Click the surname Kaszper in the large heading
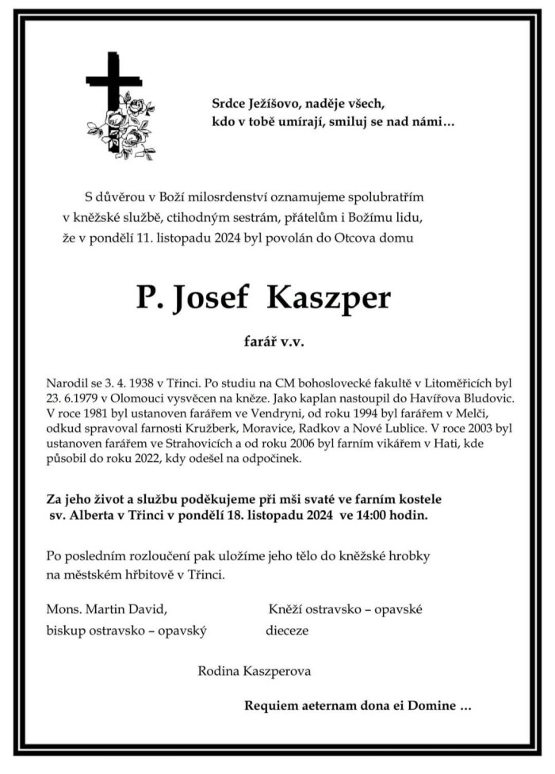click(328, 298)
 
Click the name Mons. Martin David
click(107, 608)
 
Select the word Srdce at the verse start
click(231, 102)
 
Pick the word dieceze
click(287, 631)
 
